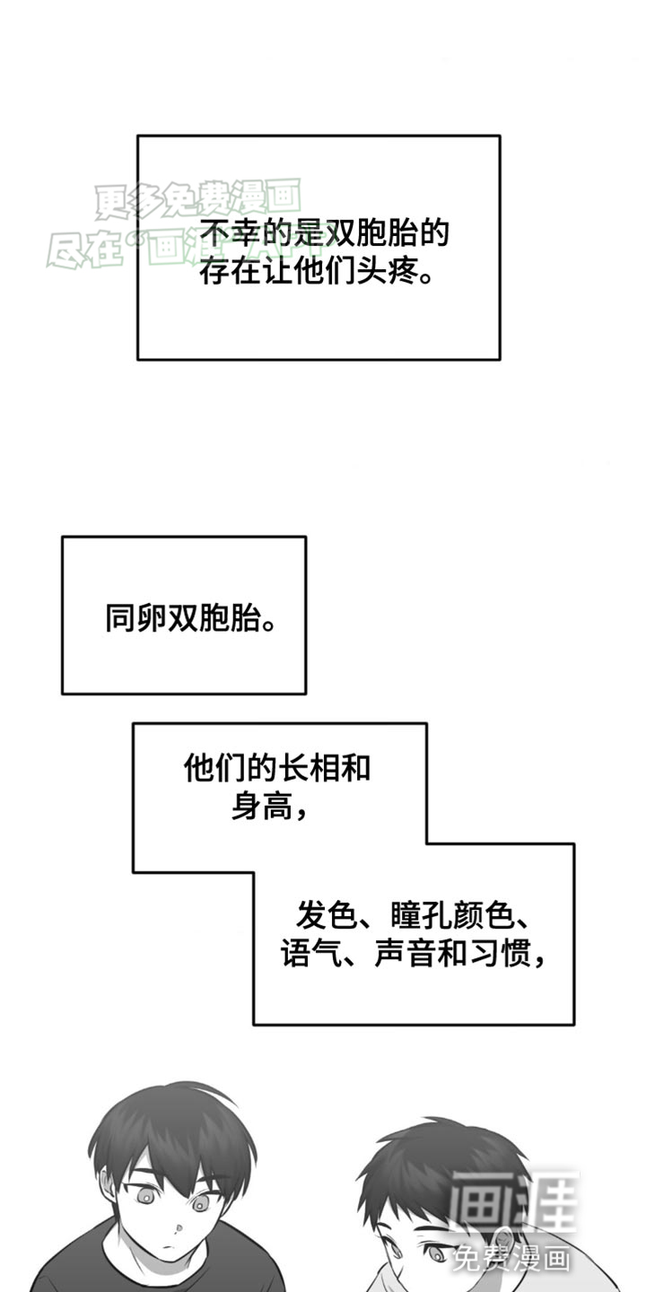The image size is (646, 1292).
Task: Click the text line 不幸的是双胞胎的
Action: [323, 235]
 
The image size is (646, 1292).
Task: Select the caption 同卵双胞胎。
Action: [190, 618]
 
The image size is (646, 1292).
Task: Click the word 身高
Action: [261, 807]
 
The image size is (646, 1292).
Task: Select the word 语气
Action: [308, 953]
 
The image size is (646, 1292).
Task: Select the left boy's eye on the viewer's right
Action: [205, 1200]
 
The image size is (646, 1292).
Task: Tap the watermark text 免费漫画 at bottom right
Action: [511, 1258]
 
